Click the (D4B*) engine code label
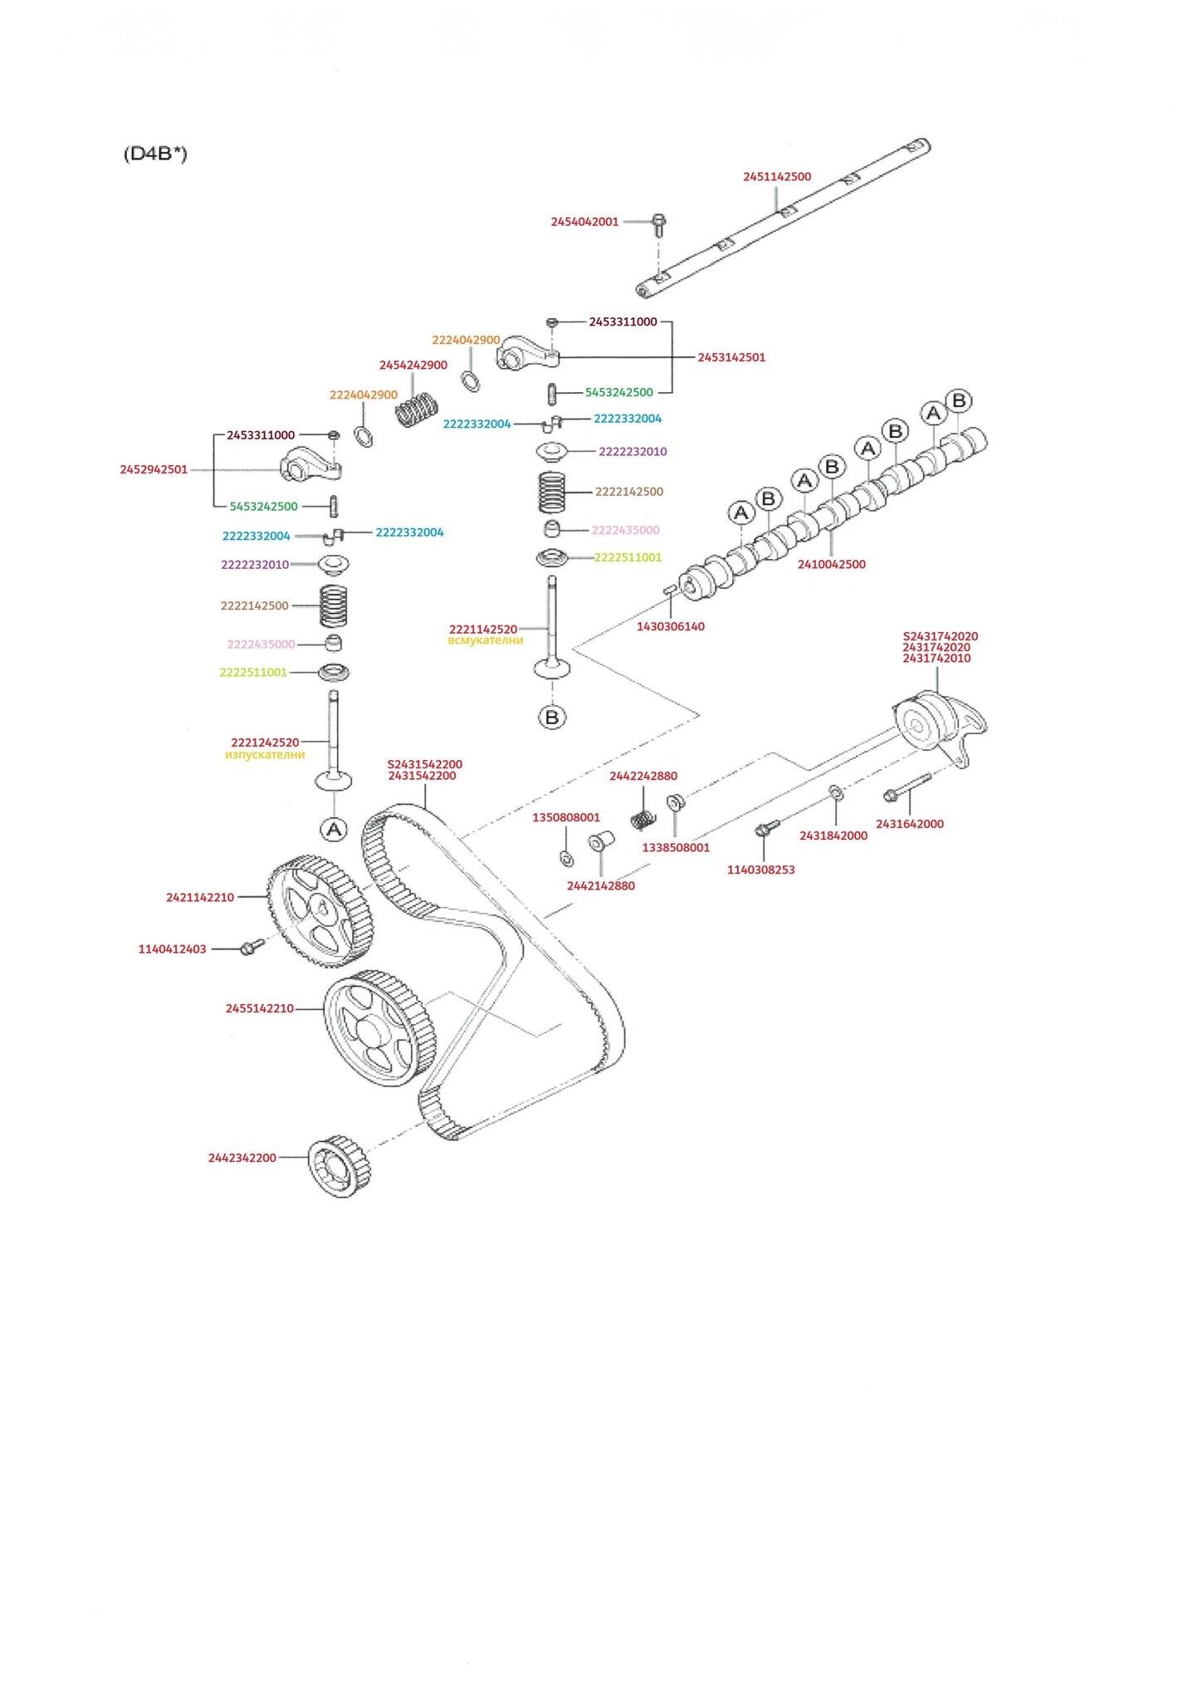pyautogui.click(x=155, y=154)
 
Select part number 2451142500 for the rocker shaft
pyautogui.click(x=776, y=177)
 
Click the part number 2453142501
pyautogui.click(x=730, y=358)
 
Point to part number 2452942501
pyautogui.click(x=154, y=470)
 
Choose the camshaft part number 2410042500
pyautogui.click(x=831, y=565)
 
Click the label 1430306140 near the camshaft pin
pyautogui.click(x=670, y=627)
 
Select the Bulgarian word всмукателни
pyautogui.click(x=485, y=641)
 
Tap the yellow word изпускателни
pyautogui.click(x=265, y=756)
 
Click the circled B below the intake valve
pyautogui.click(x=552, y=717)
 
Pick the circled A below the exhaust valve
pyautogui.click(x=334, y=829)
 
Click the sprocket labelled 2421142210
pyautogui.click(x=320, y=912)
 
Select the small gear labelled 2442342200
pyautogui.click(x=339, y=1166)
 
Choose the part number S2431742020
pyautogui.click(x=940, y=637)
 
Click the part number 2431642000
pyautogui.click(x=909, y=825)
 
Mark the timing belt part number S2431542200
pyautogui.click(x=424, y=765)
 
